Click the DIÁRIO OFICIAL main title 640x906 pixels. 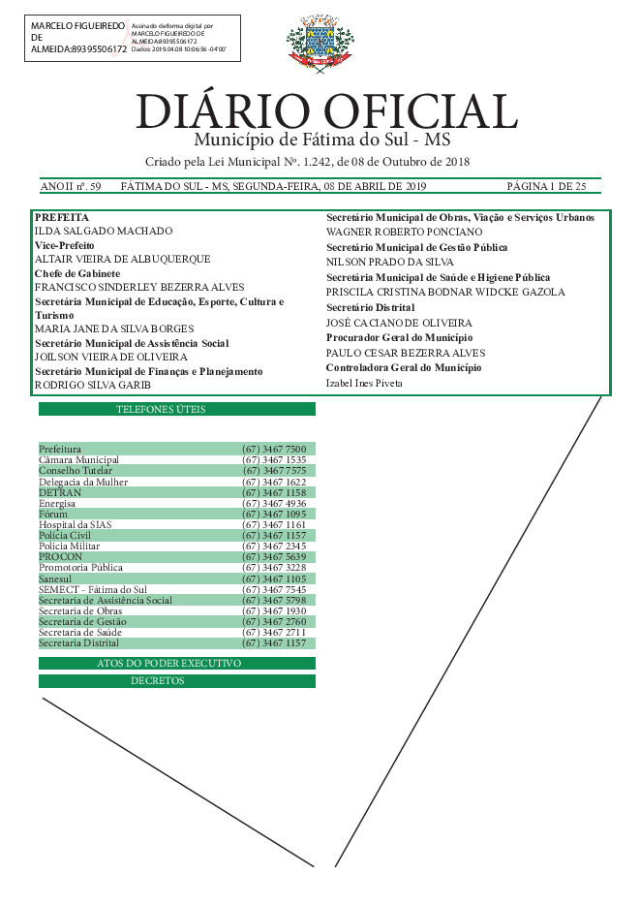point(326,111)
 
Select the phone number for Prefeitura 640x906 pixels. point(274,449)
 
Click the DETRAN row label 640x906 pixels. point(60,492)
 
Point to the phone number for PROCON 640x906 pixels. point(274,557)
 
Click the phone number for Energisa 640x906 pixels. point(274,503)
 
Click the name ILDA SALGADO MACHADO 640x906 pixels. point(104,232)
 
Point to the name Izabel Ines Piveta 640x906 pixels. point(363,384)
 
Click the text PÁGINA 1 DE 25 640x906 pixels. point(546,186)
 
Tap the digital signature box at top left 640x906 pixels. point(133,40)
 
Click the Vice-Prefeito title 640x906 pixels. point(64,246)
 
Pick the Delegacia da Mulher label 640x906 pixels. point(83,482)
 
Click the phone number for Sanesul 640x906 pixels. point(274,578)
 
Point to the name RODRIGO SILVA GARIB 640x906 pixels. point(93,385)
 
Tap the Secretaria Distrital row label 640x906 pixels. point(79,642)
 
